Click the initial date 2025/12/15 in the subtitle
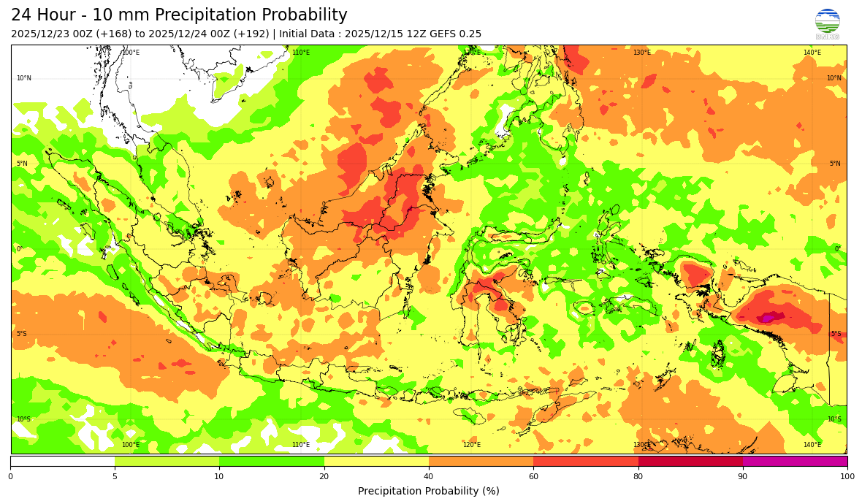(x=373, y=34)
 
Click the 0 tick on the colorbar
(x=10, y=476)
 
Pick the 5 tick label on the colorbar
(x=115, y=476)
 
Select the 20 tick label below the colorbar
(x=324, y=476)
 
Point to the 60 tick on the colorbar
(x=533, y=476)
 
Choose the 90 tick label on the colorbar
(x=743, y=476)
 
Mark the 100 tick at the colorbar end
(x=847, y=476)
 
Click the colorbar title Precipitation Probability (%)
(x=429, y=491)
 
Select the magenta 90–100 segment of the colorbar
(x=795, y=461)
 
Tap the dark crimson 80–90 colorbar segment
(x=690, y=461)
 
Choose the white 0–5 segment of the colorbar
(x=62, y=461)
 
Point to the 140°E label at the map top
(x=812, y=53)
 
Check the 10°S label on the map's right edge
(x=834, y=419)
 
